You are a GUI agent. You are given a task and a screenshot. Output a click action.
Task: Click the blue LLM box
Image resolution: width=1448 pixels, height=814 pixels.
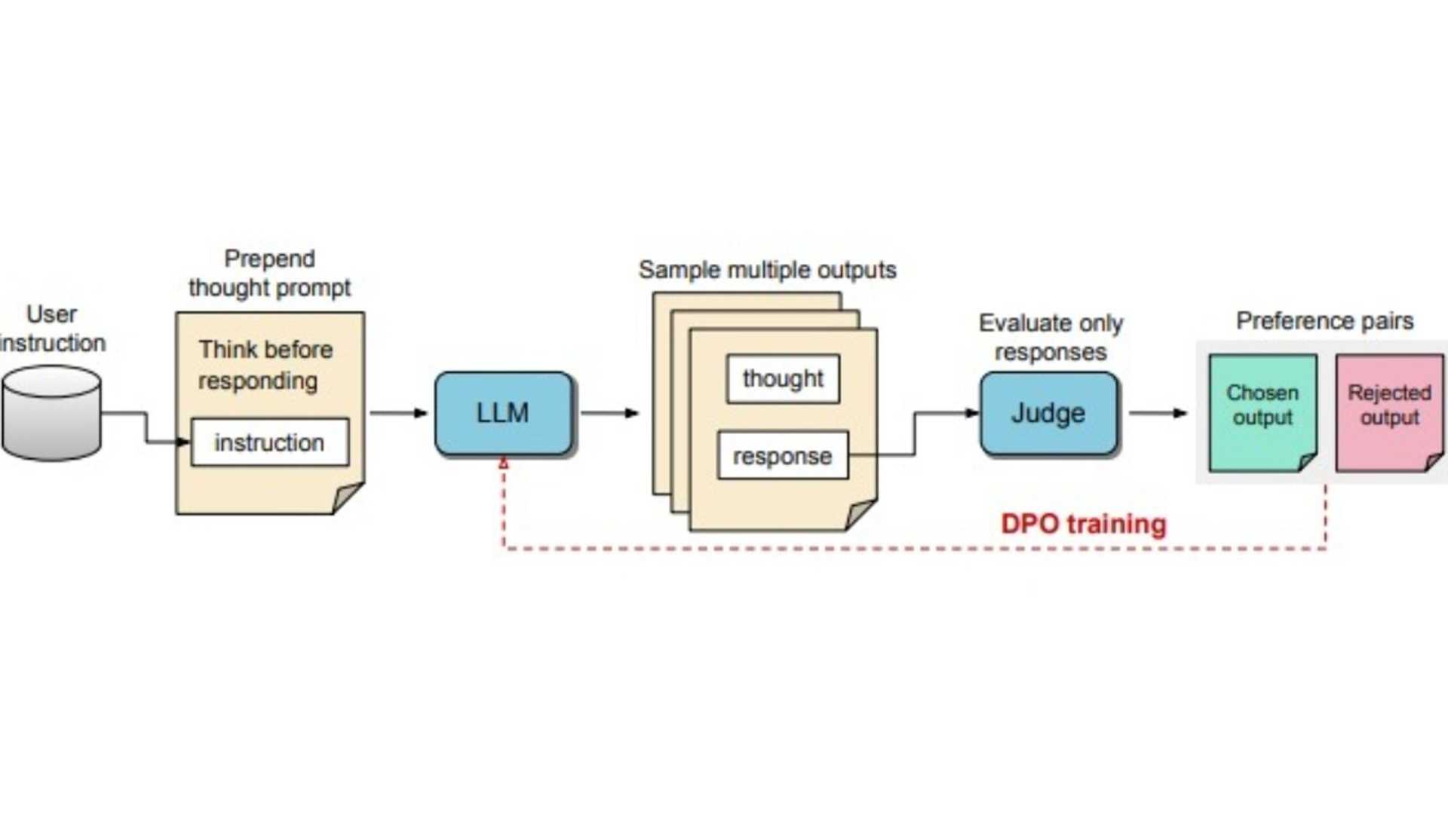pos(504,413)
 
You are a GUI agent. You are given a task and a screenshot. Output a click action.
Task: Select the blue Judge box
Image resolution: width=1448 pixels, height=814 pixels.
pos(1048,413)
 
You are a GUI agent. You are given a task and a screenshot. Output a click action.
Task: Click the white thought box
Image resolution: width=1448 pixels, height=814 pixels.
pos(783,378)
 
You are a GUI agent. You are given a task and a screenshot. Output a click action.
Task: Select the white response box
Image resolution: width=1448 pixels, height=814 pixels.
pos(783,455)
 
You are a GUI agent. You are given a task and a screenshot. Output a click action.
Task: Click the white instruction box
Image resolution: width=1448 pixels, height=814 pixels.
pos(269,442)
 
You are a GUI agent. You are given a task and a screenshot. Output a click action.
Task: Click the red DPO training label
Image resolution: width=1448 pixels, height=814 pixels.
pos(1083,524)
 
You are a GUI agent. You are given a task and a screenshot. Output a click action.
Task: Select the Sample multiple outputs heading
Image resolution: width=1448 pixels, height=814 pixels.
pos(767,270)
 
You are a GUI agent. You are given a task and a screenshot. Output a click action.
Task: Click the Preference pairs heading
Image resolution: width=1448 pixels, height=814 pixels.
pos(1324,321)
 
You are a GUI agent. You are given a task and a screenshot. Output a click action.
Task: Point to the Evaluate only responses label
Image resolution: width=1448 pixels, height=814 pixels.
pos(1051,337)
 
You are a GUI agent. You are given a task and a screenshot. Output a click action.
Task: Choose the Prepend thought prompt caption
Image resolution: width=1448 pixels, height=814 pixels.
pos(269,273)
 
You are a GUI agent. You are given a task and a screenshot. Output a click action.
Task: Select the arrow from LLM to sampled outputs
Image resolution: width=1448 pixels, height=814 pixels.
pos(609,413)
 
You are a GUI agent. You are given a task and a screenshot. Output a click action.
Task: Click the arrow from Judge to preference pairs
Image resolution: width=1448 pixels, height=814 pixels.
pos(1158,413)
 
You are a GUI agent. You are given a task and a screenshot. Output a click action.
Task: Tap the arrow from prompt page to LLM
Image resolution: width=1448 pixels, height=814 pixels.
pos(398,413)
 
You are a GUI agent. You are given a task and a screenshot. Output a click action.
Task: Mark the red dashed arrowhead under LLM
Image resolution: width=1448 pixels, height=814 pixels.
pos(504,464)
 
